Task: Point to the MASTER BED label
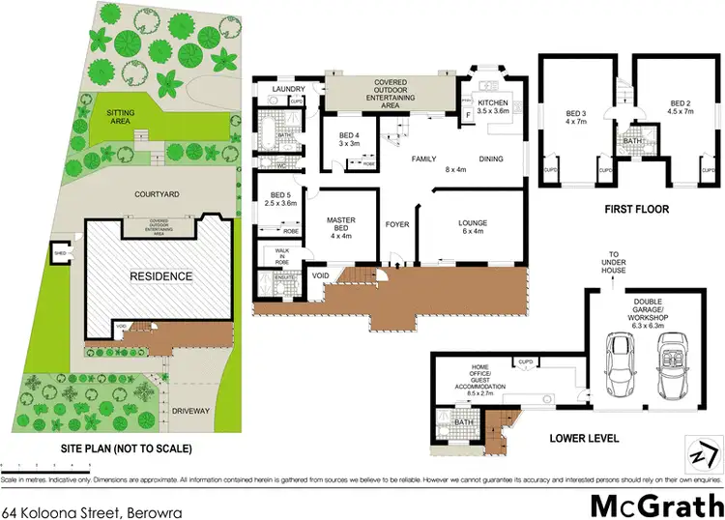342,225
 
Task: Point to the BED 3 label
576,117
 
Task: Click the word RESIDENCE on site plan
161,276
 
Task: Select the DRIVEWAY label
191,411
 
